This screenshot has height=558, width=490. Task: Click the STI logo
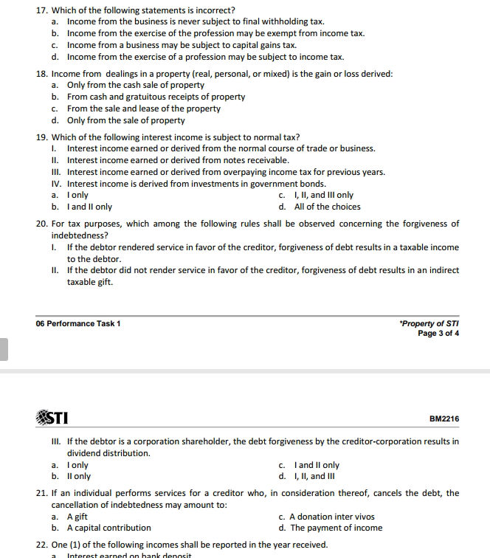tap(52, 418)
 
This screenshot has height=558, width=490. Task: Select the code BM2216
tap(444, 419)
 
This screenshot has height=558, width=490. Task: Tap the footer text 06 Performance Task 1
tap(78, 323)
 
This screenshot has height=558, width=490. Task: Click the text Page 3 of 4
tap(438, 333)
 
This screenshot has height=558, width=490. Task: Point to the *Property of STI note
tap(428, 323)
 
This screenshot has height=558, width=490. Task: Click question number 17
tap(41, 10)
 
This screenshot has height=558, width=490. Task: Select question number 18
tap(41, 74)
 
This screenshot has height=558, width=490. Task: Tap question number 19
tap(41, 137)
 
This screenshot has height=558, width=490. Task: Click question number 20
tap(41, 224)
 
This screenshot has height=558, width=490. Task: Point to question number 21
tap(41, 493)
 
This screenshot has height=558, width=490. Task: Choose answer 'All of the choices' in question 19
tap(327, 207)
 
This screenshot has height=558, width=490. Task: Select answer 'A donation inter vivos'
tap(331, 517)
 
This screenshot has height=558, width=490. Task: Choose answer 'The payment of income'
tap(336, 528)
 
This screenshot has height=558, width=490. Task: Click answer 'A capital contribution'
tap(108, 528)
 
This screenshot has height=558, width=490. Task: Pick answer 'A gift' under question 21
tap(77, 517)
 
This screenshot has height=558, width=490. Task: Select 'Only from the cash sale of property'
tap(135, 85)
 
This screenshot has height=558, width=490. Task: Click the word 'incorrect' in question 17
tap(213, 10)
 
